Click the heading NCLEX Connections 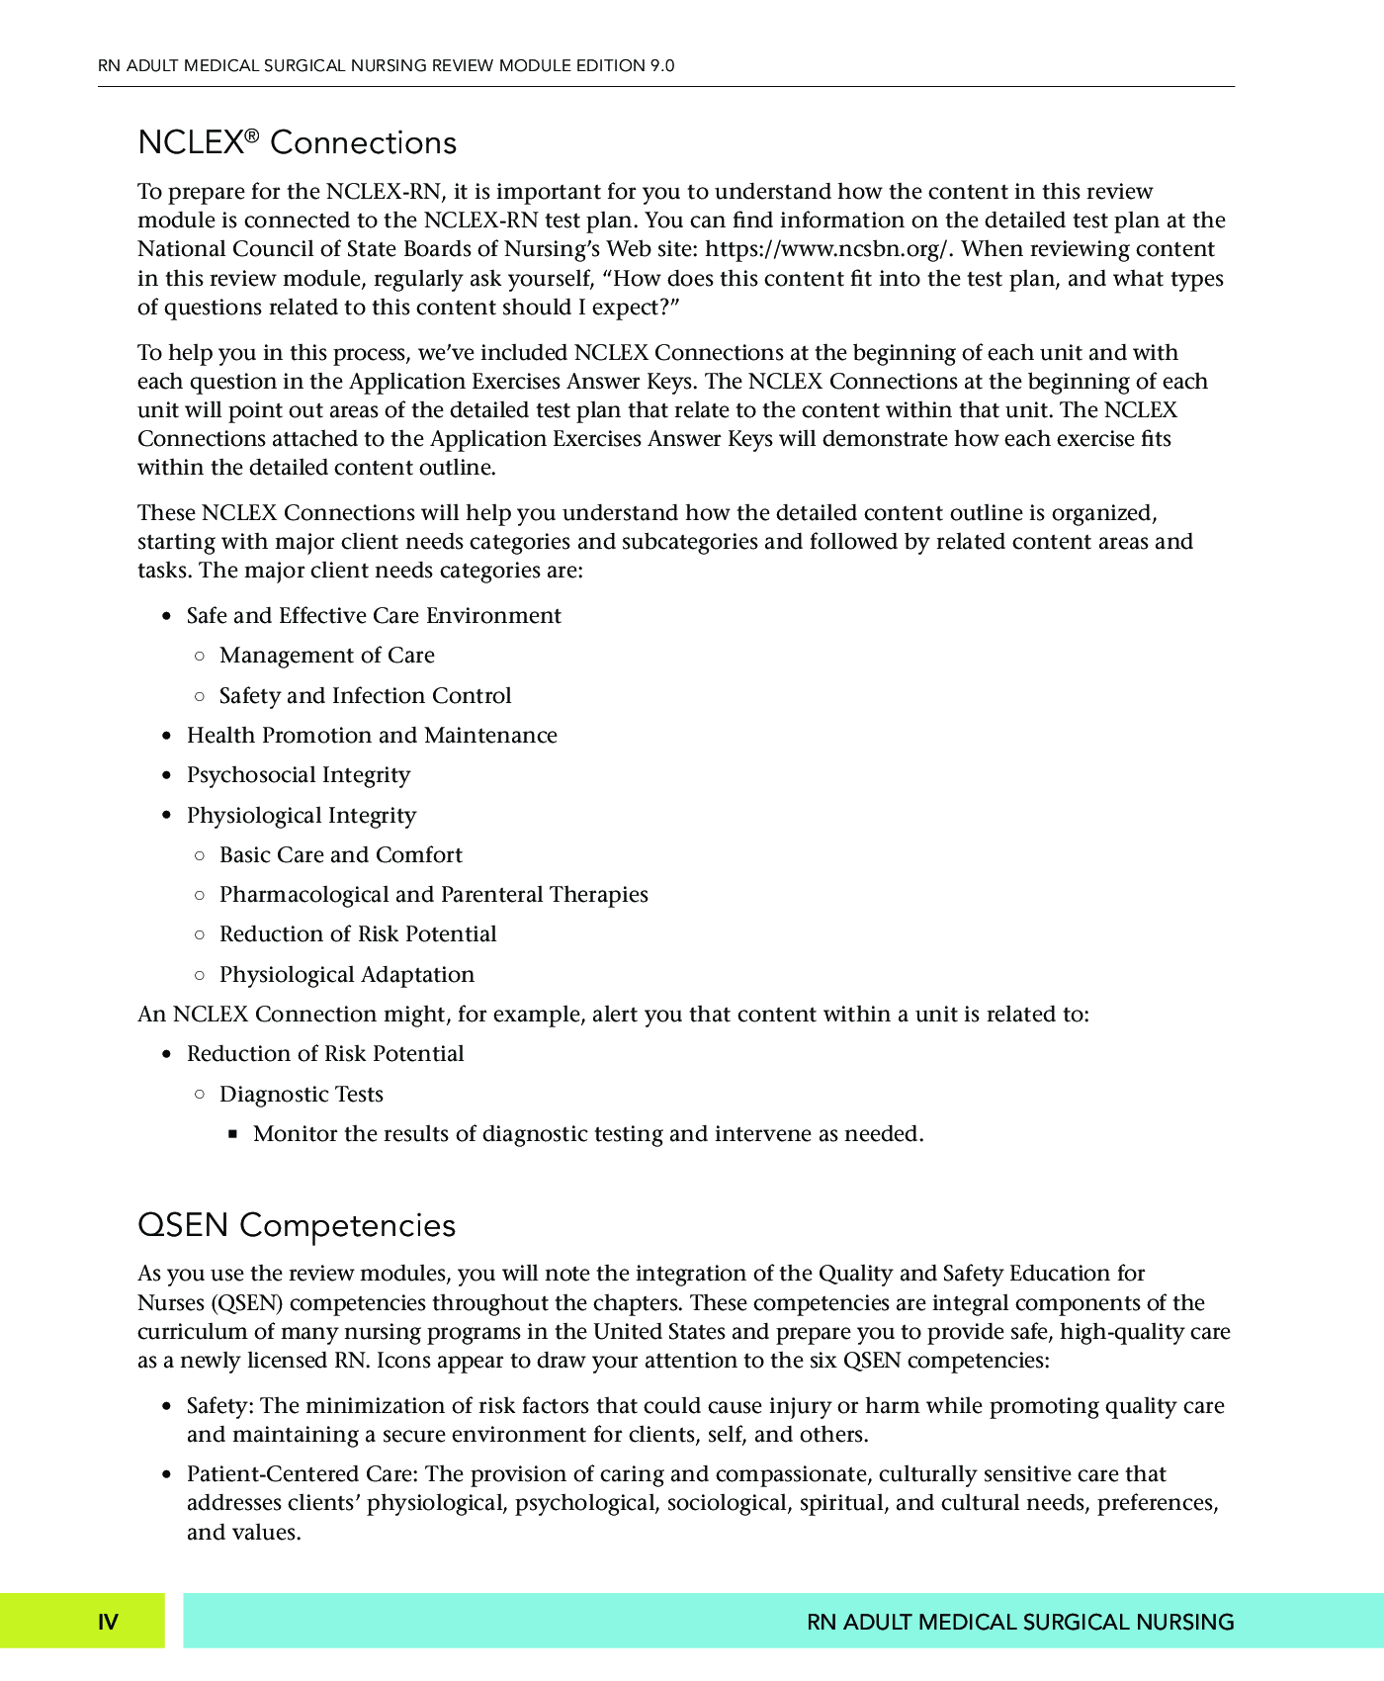[297, 143]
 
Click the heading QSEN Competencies [297, 1225]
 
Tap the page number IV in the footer [108, 1622]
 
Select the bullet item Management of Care [326, 656]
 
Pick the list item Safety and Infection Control [365, 696]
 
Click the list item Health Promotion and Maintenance [372, 736]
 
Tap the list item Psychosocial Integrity [298, 775]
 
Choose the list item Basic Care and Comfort [340, 855]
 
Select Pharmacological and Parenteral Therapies [433, 895]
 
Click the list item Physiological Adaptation [346, 975]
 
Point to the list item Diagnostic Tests [301, 1095]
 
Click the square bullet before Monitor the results [233, 1134]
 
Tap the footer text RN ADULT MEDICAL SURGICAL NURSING [1020, 1622]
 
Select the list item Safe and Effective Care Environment [374, 616]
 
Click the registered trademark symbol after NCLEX [252, 134]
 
